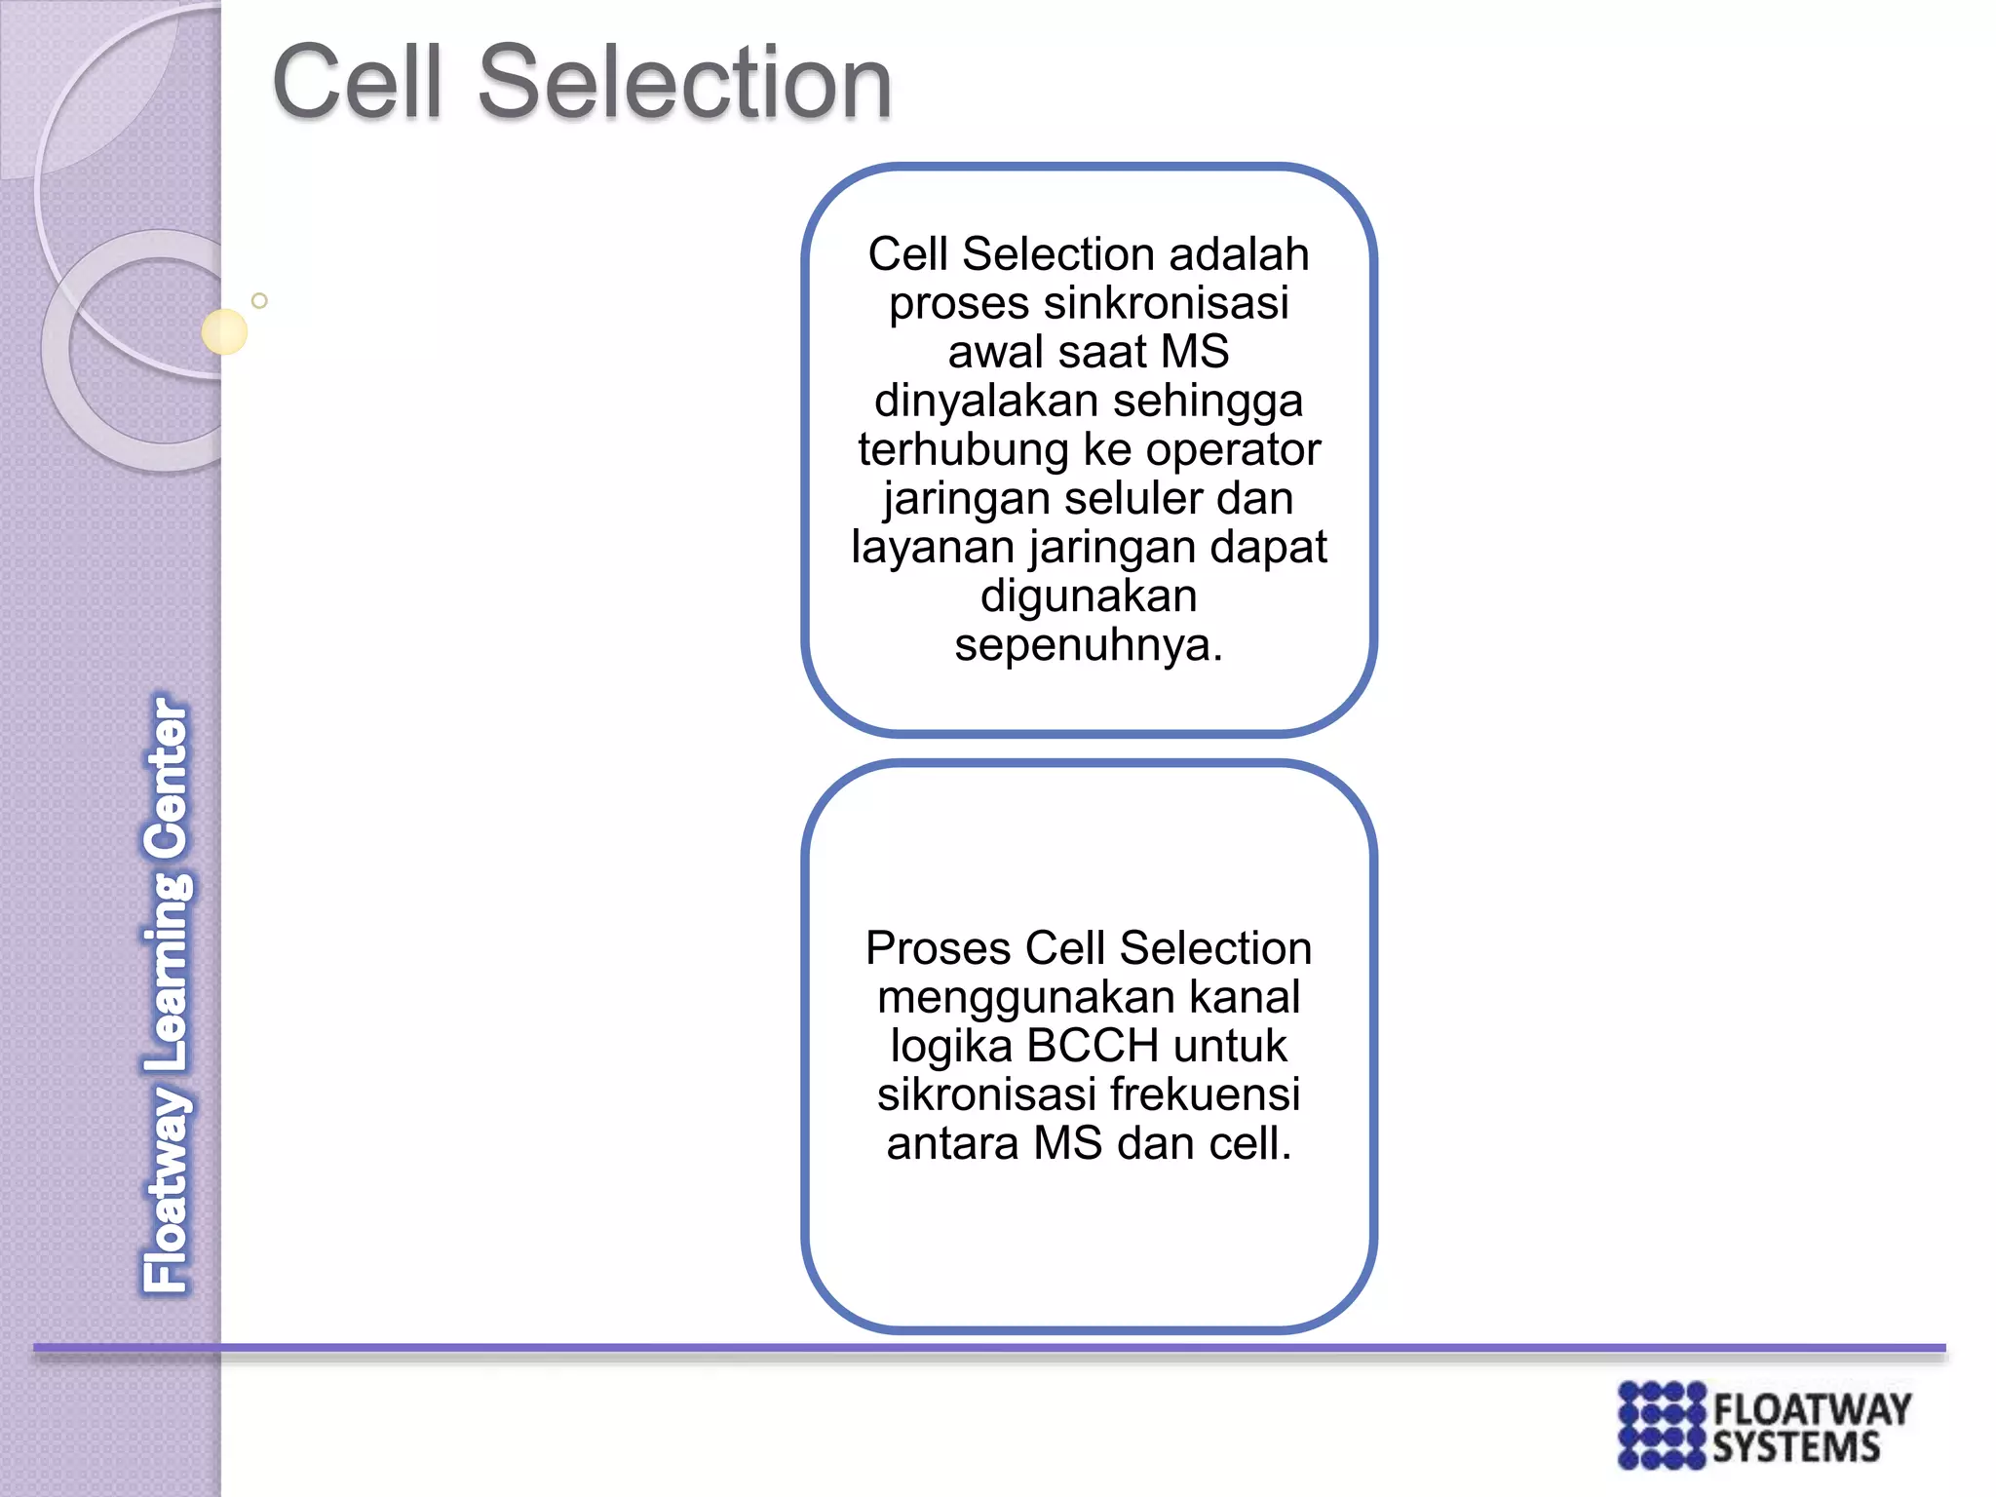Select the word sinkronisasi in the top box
click(1166, 303)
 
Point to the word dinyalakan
click(986, 401)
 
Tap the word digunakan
click(1089, 595)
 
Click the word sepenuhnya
click(1087, 644)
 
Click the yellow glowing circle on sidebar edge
click(224, 331)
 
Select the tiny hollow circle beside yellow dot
click(259, 300)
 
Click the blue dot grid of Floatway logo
click(1662, 1425)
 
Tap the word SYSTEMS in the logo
click(1796, 1447)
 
